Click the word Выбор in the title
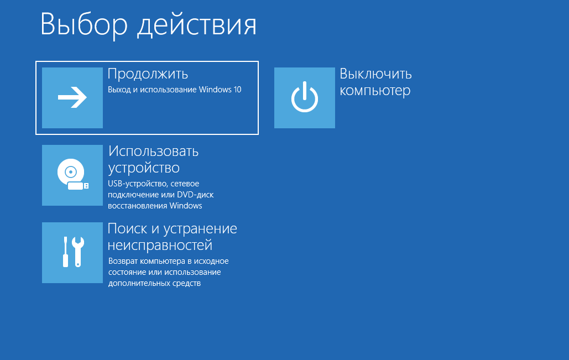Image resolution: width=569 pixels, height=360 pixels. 84,24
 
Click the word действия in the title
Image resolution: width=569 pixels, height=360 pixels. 197,25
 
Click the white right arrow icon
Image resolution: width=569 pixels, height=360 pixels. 72,97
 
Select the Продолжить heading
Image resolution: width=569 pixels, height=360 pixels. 148,75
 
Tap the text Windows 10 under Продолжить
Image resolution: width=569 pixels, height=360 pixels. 220,90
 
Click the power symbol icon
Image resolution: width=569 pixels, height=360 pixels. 305,97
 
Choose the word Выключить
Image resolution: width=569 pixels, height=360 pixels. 375,74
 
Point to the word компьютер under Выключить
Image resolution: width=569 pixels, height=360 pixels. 375,91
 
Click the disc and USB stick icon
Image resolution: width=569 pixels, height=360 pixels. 72,174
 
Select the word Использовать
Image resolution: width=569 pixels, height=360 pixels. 154,152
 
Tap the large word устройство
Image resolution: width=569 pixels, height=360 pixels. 144,168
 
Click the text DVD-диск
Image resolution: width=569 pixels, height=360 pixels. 195,195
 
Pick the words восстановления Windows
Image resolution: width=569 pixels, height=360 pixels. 155,206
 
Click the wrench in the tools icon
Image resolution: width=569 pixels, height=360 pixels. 78,252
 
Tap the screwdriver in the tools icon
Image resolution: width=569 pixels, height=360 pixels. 66,252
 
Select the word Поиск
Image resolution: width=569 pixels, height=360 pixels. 127,228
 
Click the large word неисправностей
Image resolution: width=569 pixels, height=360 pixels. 160,246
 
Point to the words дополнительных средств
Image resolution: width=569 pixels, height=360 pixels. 154,284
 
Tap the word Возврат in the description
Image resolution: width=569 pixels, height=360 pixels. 123,261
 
